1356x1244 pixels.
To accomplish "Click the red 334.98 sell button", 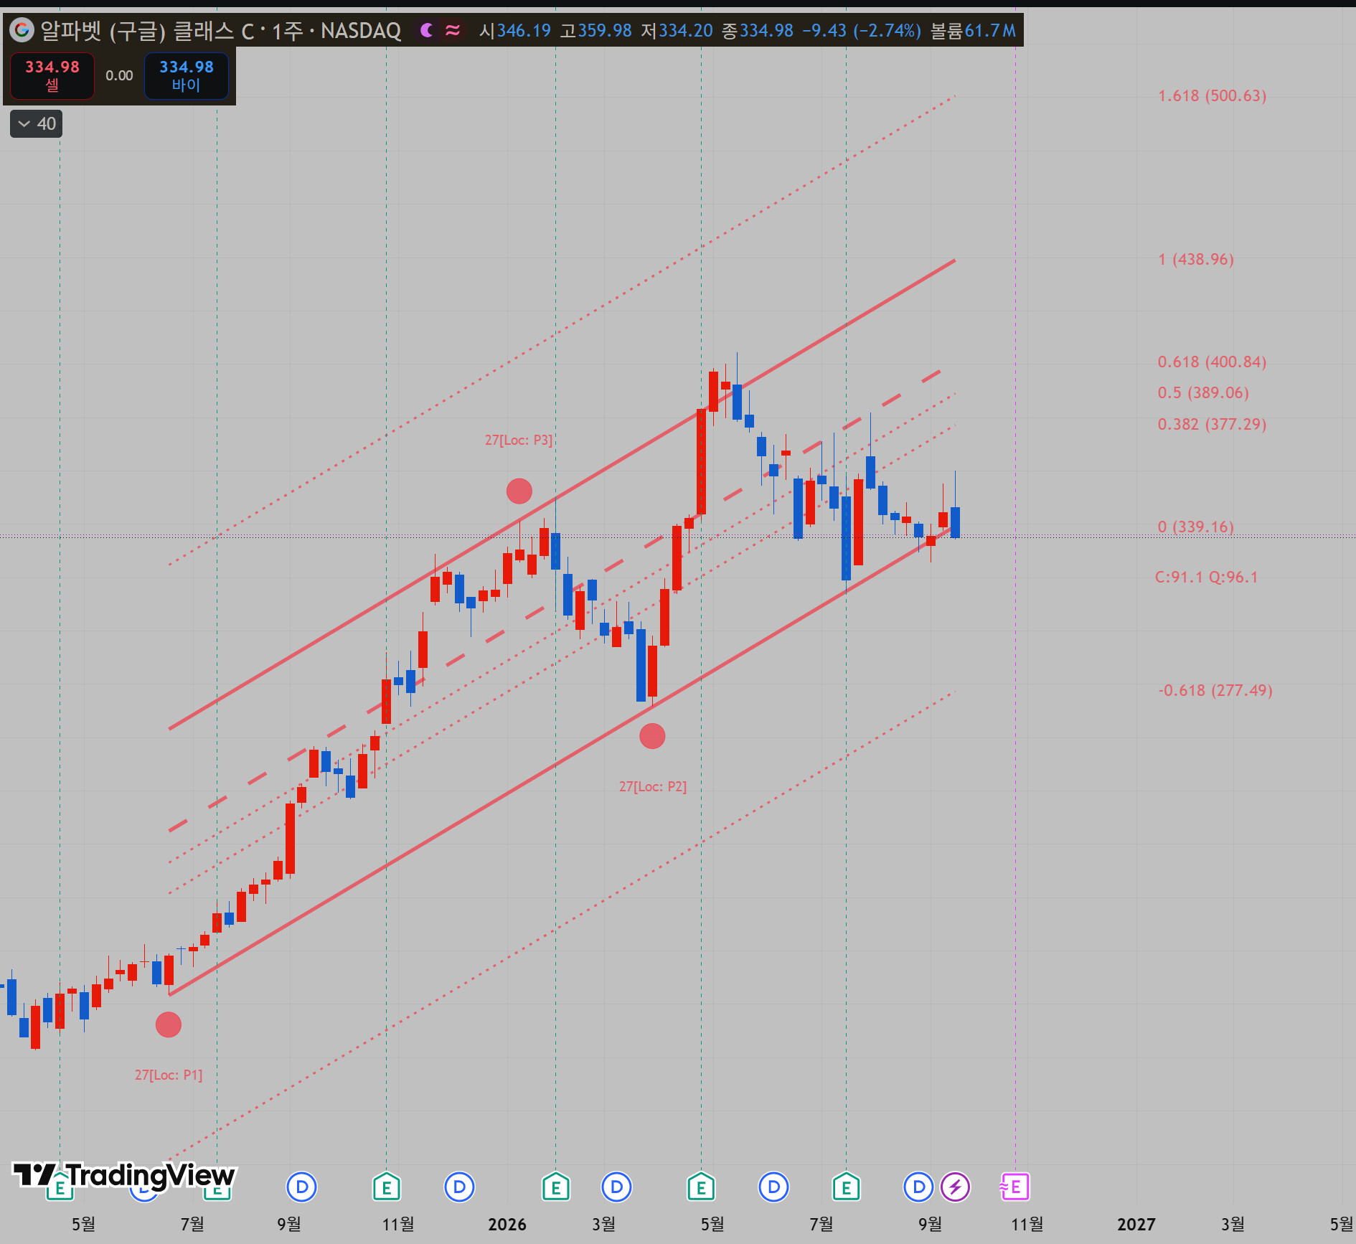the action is coord(52,75).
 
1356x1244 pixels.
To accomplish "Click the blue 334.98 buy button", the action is coord(187,75).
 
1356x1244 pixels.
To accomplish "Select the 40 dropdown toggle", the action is coord(37,123).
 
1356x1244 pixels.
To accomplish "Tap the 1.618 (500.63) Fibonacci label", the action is coord(1212,95).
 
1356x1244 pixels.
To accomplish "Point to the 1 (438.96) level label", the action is coord(1196,259).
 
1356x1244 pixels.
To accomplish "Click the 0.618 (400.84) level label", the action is coord(1212,362).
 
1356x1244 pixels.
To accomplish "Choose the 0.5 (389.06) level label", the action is coord(1203,392).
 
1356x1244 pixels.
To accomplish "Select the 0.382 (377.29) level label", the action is coord(1212,424).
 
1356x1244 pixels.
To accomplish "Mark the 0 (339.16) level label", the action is coord(1196,527).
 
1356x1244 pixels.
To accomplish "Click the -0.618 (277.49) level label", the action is coord(1215,690).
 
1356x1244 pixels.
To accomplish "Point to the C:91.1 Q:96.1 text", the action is coord(1207,577).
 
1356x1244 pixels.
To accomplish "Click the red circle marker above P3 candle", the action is coord(519,491).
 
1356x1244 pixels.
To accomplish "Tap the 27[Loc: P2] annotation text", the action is coord(653,786).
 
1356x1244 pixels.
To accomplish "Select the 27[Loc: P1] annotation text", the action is coord(169,1075).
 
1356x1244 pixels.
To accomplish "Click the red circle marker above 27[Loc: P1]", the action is coord(169,1024).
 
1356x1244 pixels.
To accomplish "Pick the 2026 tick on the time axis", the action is coord(507,1224).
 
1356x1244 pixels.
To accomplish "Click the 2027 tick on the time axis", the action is coord(1136,1224).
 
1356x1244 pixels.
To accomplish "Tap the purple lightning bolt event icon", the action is coord(955,1187).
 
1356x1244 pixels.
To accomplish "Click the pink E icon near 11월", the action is coord(1014,1187).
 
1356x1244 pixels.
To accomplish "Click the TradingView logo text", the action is coord(124,1175).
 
